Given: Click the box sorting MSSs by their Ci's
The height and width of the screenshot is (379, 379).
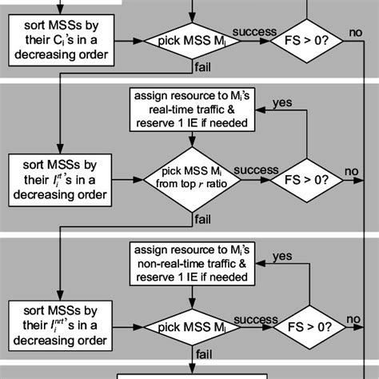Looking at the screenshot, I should pyautogui.click(x=60, y=38).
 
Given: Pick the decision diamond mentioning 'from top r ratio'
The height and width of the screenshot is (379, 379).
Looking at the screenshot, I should pyautogui.click(x=192, y=178).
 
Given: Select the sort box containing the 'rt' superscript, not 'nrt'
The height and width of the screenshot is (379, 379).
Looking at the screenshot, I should pyautogui.click(x=60, y=178).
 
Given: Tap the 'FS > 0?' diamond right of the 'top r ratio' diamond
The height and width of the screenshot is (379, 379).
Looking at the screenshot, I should pyautogui.click(x=308, y=178).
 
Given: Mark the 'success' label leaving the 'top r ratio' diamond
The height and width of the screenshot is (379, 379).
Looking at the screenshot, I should pyautogui.click(x=256, y=170).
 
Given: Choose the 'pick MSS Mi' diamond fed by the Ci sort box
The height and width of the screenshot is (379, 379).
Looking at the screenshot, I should pyautogui.click(x=192, y=38).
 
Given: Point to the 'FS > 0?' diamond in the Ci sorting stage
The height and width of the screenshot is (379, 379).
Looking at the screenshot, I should pyautogui.click(x=308, y=38).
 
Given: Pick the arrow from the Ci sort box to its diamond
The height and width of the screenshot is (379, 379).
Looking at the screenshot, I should pyautogui.click(x=128, y=38).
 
